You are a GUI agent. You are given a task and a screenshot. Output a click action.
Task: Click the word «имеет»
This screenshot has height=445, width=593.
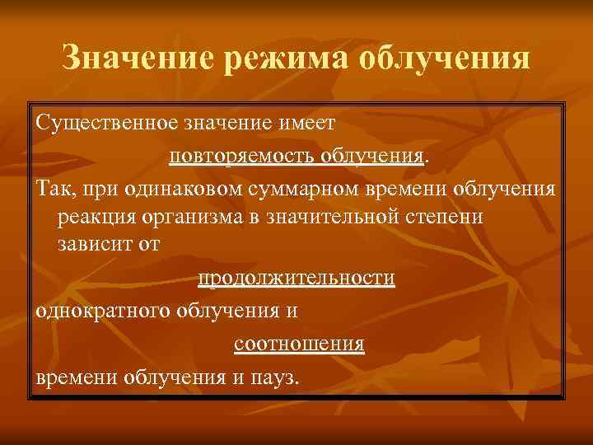tap(306, 123)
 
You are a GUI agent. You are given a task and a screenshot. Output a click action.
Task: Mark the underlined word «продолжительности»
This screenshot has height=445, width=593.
tap(296, 278)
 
